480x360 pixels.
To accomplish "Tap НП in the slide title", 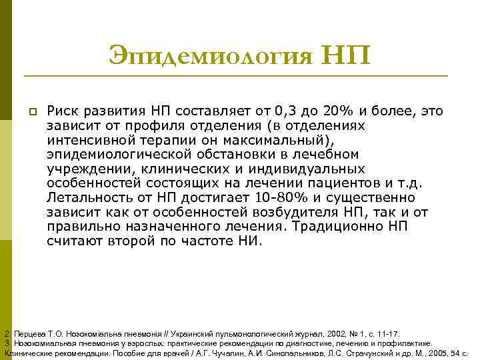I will pos(346,53).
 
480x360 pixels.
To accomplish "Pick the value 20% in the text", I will pos(343,111).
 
